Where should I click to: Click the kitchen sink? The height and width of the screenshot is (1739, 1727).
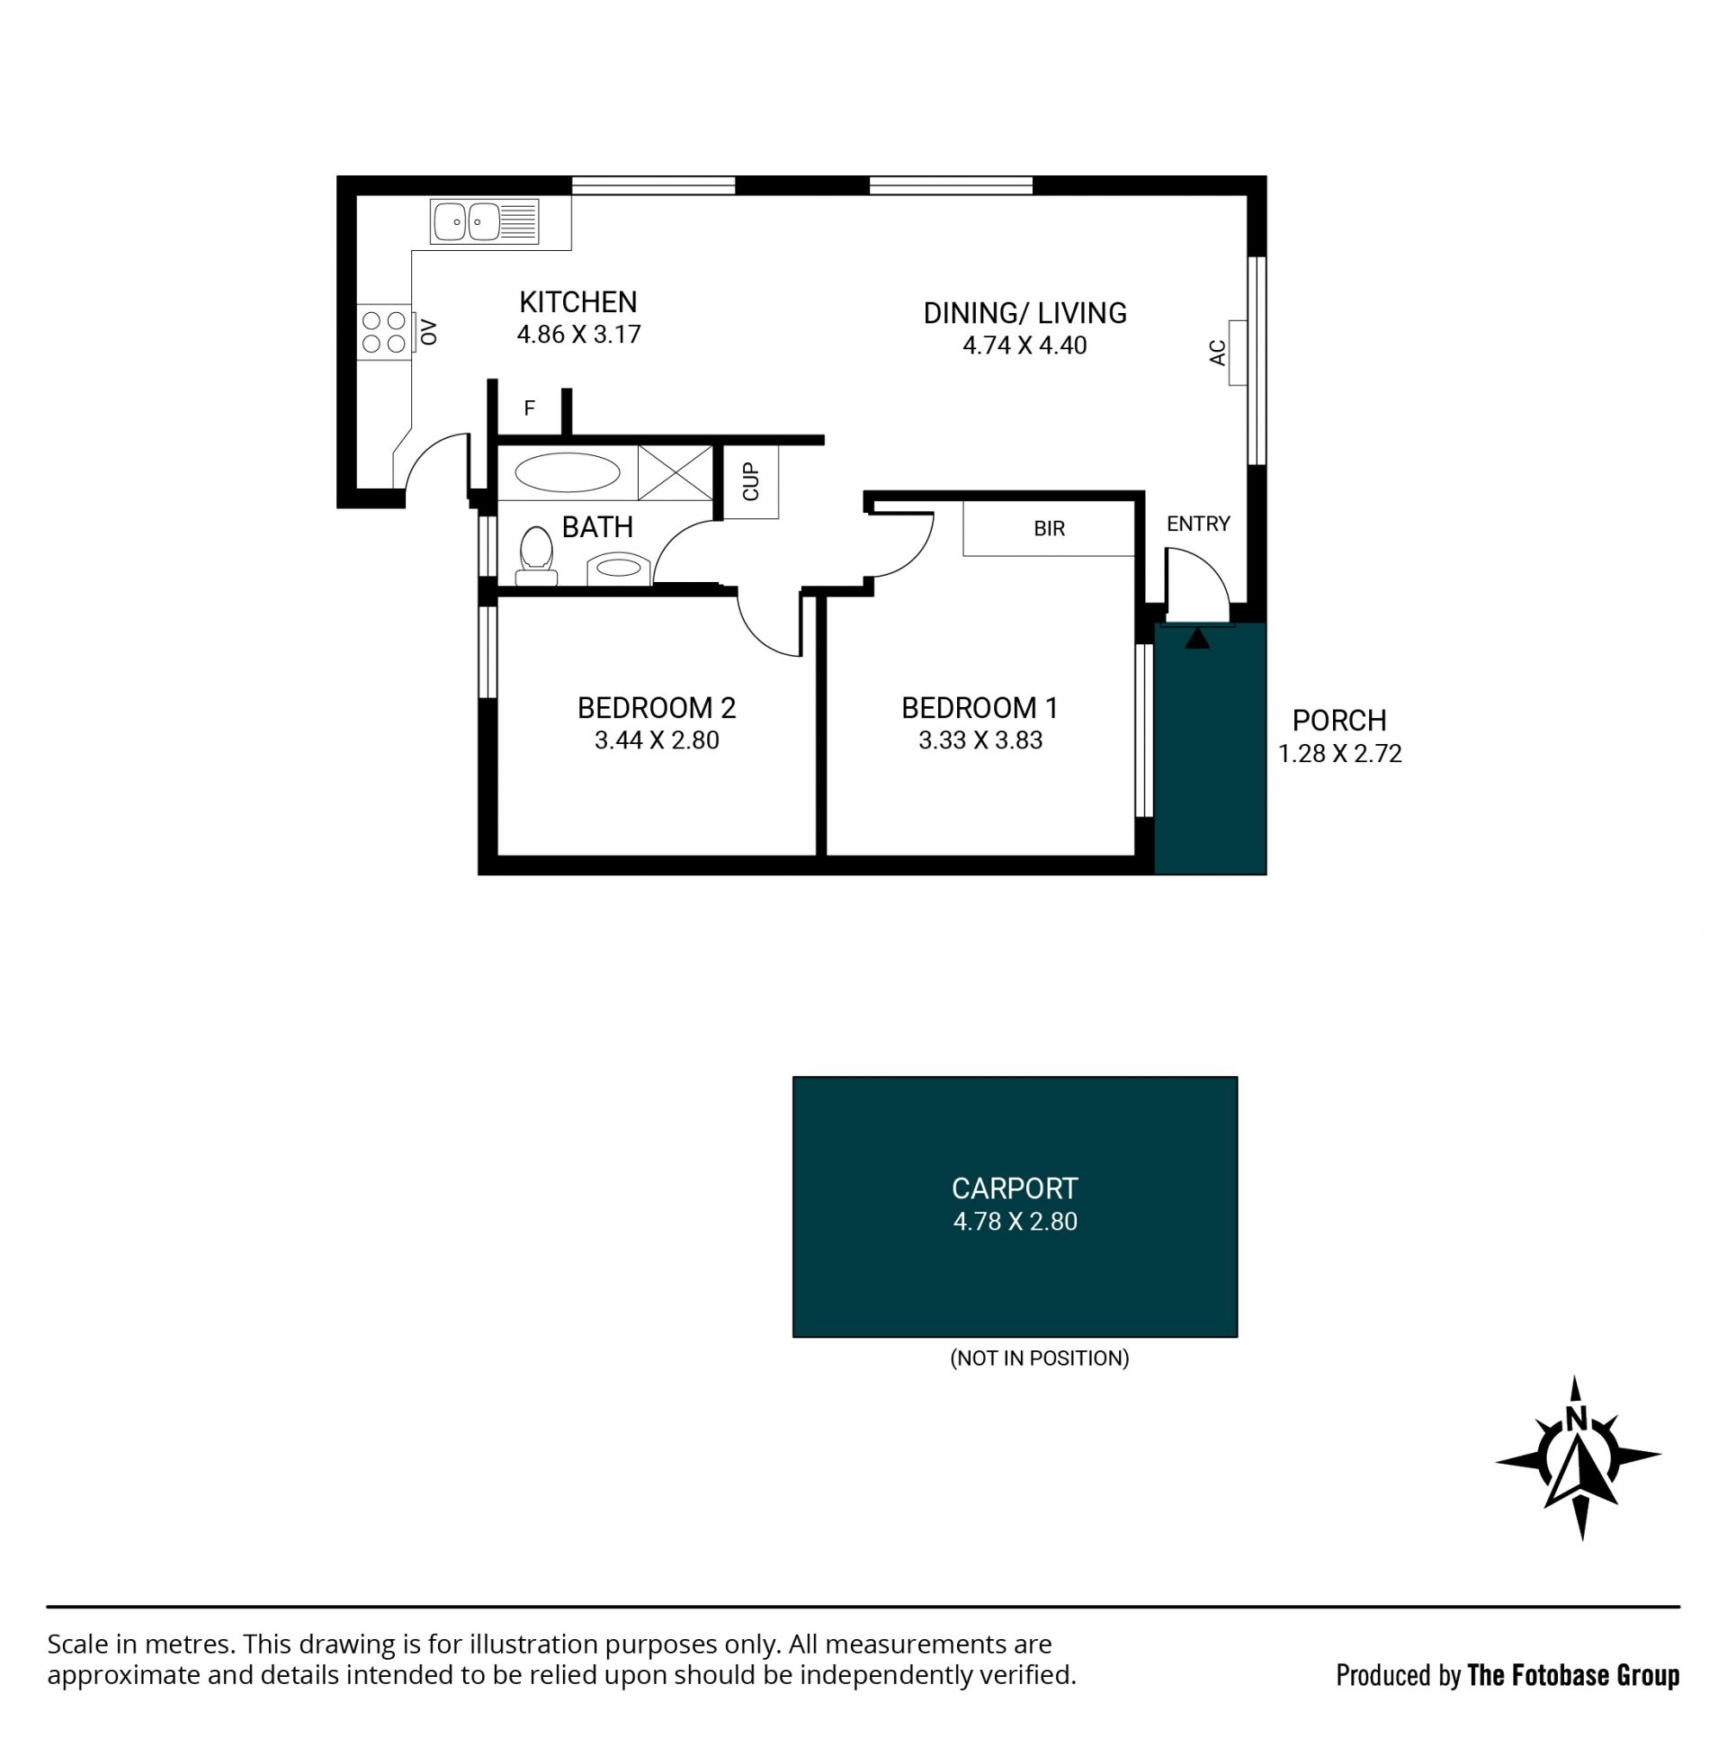[484, 221]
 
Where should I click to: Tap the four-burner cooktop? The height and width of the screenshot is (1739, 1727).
[383, 331]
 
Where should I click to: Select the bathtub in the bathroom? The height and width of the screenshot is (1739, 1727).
[567, 472]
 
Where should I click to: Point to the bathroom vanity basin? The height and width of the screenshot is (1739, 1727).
[618, 569]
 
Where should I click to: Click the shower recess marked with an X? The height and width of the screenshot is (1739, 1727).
[675, 472]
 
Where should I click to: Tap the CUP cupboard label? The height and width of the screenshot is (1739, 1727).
[750, 481]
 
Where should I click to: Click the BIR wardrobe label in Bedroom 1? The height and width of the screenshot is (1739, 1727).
[1050, 528]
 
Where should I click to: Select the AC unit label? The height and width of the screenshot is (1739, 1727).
[1218, 352]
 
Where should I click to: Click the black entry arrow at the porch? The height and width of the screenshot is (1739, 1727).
[1197, 638]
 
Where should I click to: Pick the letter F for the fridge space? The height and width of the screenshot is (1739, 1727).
[529, 408]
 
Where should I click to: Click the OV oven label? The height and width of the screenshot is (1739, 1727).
[428, 332]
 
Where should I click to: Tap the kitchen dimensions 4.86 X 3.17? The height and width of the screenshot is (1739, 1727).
[578, 335]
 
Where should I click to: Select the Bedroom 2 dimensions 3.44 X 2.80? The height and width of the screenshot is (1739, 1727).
[657, 740]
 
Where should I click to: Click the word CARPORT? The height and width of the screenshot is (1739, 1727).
[1015, 1189]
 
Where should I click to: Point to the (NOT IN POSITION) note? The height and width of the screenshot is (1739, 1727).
[1040, 1358]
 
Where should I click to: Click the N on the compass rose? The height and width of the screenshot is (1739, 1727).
[1575, 1419]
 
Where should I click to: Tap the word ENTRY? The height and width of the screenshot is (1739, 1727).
[1198, 524]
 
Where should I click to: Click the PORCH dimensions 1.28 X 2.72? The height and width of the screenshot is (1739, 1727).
[1340, 754]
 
